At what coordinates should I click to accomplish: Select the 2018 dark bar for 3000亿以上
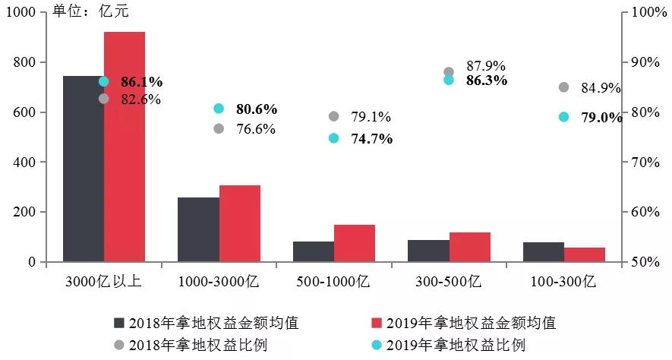(83, 169)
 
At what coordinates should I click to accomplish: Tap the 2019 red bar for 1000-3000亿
(240, 223)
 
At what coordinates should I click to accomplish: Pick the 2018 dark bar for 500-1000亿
(314, 251)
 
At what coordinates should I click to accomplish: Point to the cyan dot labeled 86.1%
(104, 81)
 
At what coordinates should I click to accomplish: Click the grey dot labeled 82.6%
(104, 99)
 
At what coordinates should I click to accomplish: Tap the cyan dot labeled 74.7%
(333, 138)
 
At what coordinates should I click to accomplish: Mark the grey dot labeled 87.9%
(449, 72)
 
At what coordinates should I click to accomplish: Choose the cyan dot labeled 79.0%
(563, 117)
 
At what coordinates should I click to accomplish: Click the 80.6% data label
(256, 109)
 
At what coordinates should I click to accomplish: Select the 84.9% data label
(601, 88)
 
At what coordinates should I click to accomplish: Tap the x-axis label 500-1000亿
(333, 282)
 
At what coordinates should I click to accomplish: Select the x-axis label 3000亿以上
(103, 282)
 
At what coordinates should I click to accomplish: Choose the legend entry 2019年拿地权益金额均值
(463, 323)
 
